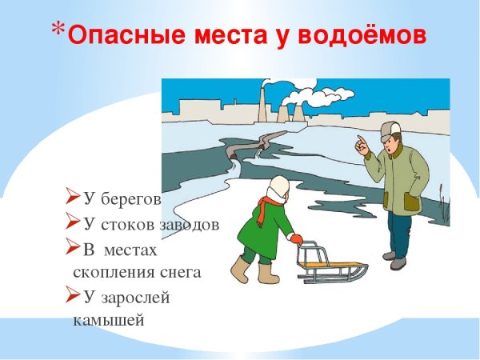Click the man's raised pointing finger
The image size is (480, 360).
pos(359,141)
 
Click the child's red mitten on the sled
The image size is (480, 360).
pos(296,238)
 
